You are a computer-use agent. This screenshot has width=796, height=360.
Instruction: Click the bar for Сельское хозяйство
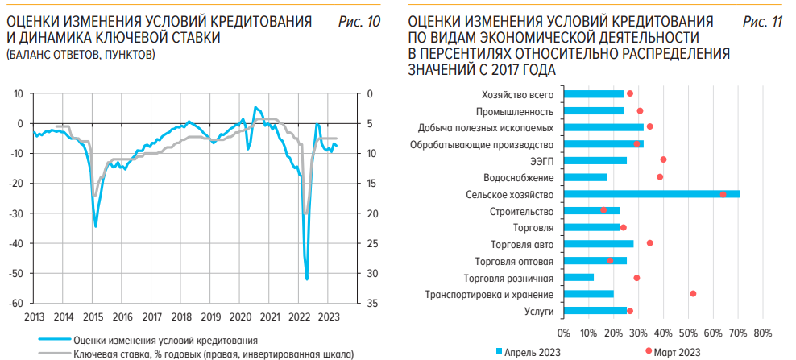point(651,194)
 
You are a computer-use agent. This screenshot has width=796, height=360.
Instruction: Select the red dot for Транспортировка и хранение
point(693,294)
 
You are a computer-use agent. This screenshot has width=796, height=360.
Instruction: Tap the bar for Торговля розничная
point(578,278)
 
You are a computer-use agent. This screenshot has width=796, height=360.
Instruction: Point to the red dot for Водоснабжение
point(660,177)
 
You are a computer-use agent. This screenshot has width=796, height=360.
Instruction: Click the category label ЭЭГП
point(542,161)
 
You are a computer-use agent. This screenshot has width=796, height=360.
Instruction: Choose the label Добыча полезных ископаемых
point(485,127)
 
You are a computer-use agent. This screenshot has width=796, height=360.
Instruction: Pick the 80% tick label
point(762,332)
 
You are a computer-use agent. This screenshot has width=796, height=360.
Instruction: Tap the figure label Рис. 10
point(359,22)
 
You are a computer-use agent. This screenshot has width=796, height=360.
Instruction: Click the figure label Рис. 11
point(762,22)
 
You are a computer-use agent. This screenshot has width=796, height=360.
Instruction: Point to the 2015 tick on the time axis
point(93,316)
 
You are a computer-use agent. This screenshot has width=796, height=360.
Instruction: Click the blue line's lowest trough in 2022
point(308,279)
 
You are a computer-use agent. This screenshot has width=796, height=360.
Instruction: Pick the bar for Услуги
point(595,311)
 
